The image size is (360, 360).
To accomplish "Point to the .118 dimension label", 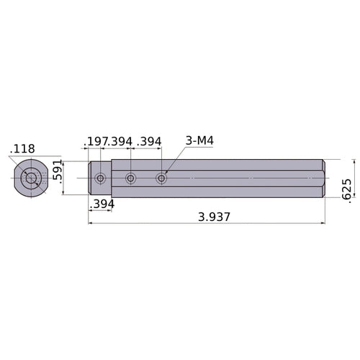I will pos(21,149).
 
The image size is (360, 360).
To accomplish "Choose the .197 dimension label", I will pos(96,141).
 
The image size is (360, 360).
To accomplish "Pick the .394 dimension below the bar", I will pos(101,205).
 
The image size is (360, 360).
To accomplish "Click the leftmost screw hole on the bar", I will pos(100,178).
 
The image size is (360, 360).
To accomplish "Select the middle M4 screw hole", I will pos(130,178).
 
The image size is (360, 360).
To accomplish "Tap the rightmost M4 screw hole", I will pos(161,178).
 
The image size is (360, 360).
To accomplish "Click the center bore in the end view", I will pos(30,178).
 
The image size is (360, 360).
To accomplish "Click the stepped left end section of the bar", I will pos(100,178).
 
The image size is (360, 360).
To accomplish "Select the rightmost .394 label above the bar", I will pos(149,141).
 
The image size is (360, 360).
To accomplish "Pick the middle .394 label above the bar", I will pos(120,141).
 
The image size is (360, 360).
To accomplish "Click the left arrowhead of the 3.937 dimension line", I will pos(91,223).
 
